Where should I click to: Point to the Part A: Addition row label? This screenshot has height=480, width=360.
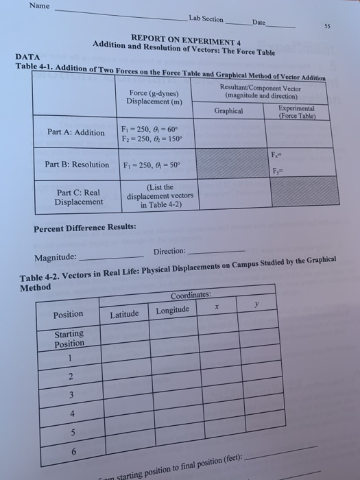coord(76,132)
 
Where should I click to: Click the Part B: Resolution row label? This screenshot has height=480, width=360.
coord(77,165)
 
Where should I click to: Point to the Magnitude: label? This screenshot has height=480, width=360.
coord(56,258)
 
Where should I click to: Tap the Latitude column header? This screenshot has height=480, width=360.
coord(124,314)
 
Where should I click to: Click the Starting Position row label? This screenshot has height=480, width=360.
coord(69,339)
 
